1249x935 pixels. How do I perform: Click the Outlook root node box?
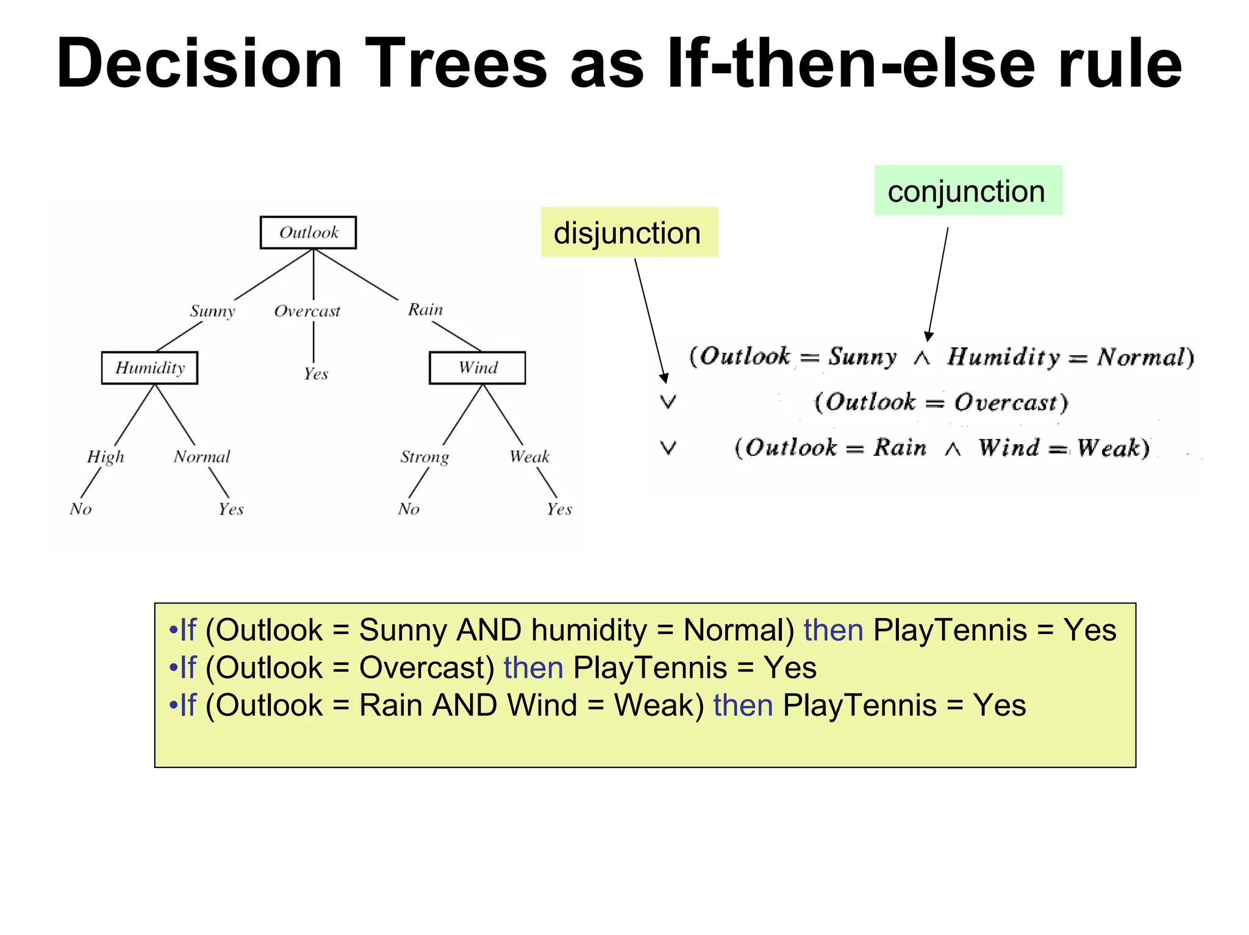click(x=308, y=232)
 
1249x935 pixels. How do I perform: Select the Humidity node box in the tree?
click(x=149, y=368)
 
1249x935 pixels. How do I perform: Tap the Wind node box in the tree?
click(x=477, y=368)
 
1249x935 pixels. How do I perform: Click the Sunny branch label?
click(x=212, y=311)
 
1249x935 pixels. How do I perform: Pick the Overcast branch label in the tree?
click(x=307, y=311)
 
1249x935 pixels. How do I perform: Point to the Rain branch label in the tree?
click(x=425, y=310)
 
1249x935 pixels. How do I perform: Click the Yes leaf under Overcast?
click(x=315, y=374)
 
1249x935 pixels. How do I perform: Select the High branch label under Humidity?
click(x=106, y=457)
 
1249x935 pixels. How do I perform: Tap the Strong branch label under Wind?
click(x=424, y=457)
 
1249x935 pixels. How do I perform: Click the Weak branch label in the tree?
click(x=529, y=457)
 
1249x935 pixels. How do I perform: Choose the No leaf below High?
click(x=81, y=509)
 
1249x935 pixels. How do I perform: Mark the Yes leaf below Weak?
click(x=559, y=509)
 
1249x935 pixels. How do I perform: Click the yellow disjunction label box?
click(x=629, y=232)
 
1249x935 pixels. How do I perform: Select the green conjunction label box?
click(x=968, y=191)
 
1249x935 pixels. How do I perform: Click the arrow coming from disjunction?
click(x=650, y=320)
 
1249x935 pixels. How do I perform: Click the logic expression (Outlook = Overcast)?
click(x=941, y=402)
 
